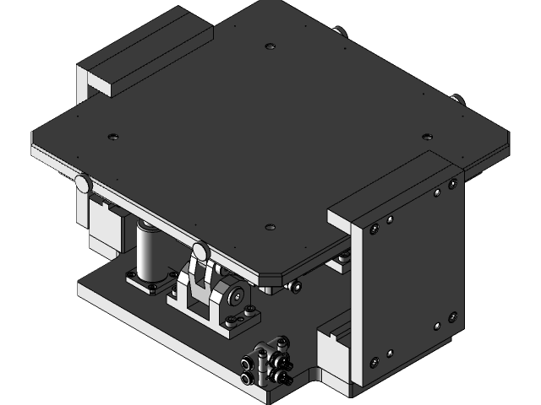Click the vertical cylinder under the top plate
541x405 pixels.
[149, 251]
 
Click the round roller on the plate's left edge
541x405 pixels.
[83, 182]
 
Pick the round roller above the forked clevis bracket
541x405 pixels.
[200, 251]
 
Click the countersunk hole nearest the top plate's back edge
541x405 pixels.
[270, 46]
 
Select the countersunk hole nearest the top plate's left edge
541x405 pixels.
[112, 137]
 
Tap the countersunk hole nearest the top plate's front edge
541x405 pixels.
[270, 227]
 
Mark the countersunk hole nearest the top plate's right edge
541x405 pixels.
[427, 137]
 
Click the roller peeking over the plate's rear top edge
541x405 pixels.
[339, 32]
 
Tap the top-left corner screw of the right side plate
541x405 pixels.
[372, 226]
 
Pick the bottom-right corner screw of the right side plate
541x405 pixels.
[451, 318]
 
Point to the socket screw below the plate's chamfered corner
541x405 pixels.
[295, 286]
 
